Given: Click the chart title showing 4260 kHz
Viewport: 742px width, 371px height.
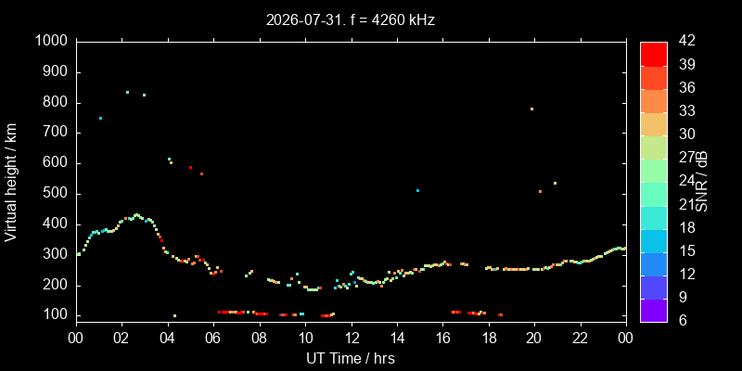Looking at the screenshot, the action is pos(351,19).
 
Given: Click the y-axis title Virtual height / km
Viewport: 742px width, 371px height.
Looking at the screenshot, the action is pos(11,182).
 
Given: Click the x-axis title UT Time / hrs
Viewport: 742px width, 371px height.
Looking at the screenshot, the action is pos(351,358).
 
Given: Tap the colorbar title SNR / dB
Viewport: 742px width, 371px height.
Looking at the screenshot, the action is pos(701,182).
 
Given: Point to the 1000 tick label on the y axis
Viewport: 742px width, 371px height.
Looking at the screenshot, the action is pos(52,42).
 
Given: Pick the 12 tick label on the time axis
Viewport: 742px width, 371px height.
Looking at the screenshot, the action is pos(352,338).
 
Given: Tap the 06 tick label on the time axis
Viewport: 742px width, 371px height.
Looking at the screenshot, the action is pos(213,338).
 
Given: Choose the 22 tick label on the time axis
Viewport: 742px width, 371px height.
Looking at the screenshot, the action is pos(581,338).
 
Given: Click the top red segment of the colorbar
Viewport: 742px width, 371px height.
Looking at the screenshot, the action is pos(654,54).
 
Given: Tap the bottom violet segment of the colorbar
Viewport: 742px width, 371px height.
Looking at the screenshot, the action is pos(654,311).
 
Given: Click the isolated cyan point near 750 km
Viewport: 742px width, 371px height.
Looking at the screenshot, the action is pos(100,119).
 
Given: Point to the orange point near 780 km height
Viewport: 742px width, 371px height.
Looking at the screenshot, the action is pos(531,109).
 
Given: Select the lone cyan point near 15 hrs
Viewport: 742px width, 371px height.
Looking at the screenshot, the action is pos(417,191).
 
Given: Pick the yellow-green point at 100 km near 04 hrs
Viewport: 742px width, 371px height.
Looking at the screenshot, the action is pos(174,315).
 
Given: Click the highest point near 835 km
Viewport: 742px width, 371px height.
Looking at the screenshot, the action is pos(127,92).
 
